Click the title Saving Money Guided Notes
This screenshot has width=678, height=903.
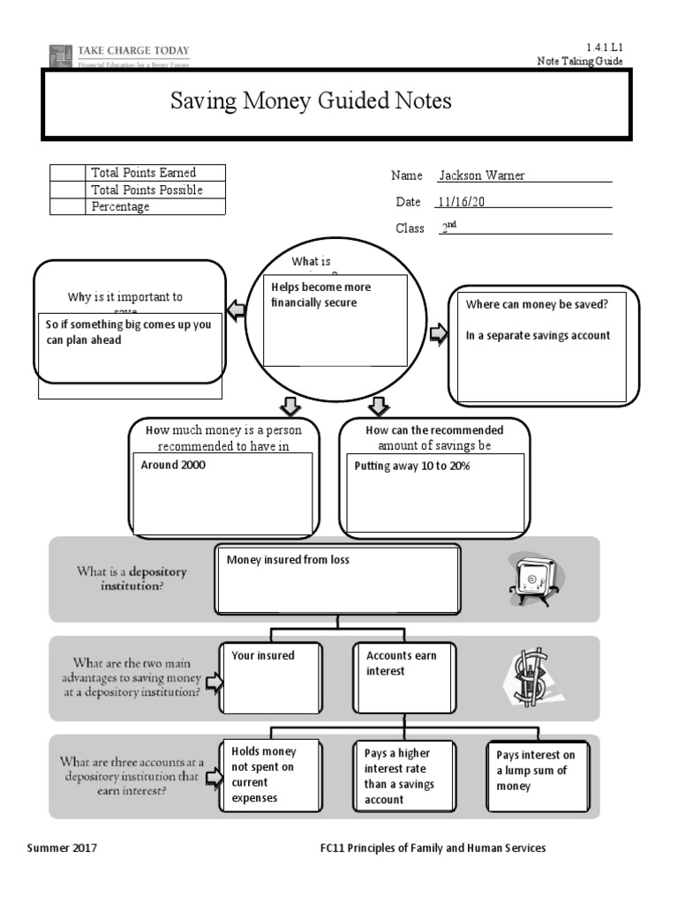(x=311, y=101)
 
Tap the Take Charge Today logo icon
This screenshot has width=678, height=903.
(x=60, y=56)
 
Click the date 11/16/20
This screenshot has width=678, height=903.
(x=462, y=202)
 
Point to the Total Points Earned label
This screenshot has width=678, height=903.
(x=143, y=173)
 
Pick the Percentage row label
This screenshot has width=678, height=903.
(x=120, y=206)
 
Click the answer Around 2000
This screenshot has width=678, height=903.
(x=173, y=465)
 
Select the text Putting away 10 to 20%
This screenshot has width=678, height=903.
(x=411, y=466)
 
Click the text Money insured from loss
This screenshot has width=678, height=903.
(x=288, y=560)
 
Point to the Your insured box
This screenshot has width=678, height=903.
(x=271, y=676)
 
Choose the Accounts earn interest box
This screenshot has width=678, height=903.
(x=403, y=676)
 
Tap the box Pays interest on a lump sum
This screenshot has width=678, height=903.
(x=537, y=776)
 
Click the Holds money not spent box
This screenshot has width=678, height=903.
(x=271, y=776)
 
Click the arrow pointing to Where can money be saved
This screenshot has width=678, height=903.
(x=438, y=333)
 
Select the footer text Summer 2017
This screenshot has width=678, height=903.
(x=62, y=848)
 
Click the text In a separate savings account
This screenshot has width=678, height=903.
(x=538, y=335)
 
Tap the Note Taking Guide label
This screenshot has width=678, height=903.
(x=580, y=61)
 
